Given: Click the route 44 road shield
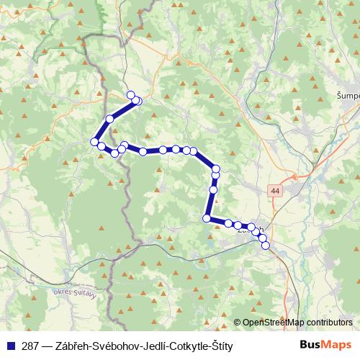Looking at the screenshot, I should click(275, 191).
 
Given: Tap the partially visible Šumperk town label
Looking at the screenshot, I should click(348, 95).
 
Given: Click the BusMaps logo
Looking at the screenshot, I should click(325, 346).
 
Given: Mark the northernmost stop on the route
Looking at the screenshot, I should click(131, 95).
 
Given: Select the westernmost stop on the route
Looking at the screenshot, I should click(94, 142).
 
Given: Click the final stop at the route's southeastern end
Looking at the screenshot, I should click(266, 246).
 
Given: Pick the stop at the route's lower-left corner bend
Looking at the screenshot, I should click(207, 218).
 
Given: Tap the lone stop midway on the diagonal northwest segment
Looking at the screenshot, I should click(110, 119).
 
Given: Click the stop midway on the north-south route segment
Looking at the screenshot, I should click(213, 190).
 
